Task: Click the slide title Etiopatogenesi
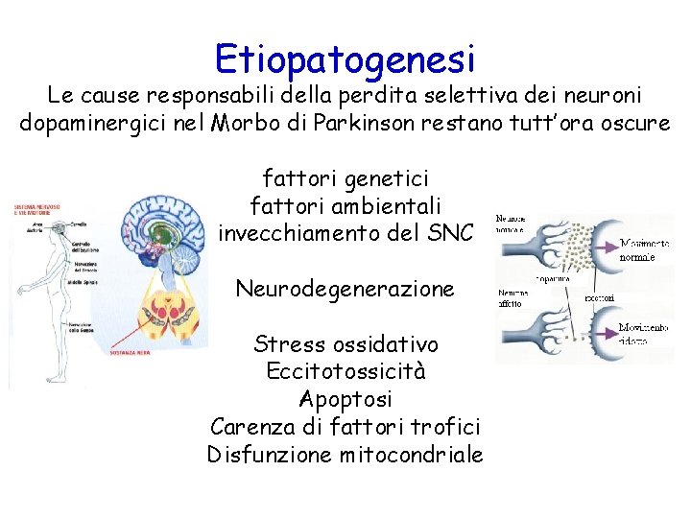point(345,59)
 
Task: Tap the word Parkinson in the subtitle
point(417,123)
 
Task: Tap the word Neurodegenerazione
point(345,288)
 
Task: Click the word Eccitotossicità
point(345,370)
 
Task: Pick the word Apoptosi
point(345,398)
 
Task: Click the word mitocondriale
point(412,454)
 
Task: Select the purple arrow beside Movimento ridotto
point(608,323)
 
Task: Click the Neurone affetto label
point(511,297)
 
